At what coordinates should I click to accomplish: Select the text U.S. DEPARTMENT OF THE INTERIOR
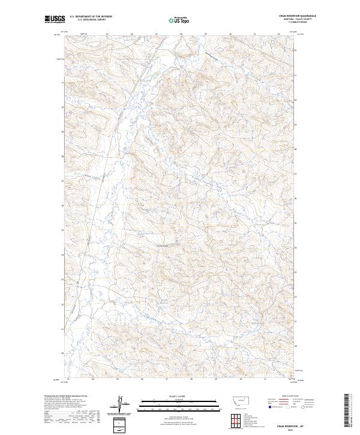pyautogui.click(x=91, y=17)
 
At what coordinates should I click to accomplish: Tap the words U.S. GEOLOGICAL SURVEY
pyautogui.click(x=91, y=20)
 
